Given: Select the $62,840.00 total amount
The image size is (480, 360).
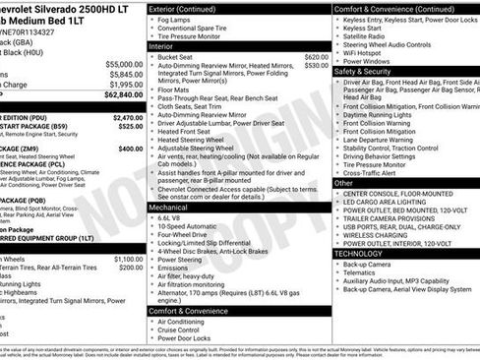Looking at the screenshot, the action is click(124, 95).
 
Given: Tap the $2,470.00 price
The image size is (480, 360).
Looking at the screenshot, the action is click(125, 116).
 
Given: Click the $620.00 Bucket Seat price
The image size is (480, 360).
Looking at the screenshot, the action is click(316, 57).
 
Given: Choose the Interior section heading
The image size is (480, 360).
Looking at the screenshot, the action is click(162, 45).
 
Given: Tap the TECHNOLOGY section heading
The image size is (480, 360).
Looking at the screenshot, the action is click(360, 253).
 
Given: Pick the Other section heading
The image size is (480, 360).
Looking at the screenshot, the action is click(344, 182).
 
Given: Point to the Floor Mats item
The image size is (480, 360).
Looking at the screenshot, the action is click(177, 89).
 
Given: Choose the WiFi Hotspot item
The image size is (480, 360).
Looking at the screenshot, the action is click(370, 51).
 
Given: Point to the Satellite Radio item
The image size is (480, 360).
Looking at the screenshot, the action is click(369, 35).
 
